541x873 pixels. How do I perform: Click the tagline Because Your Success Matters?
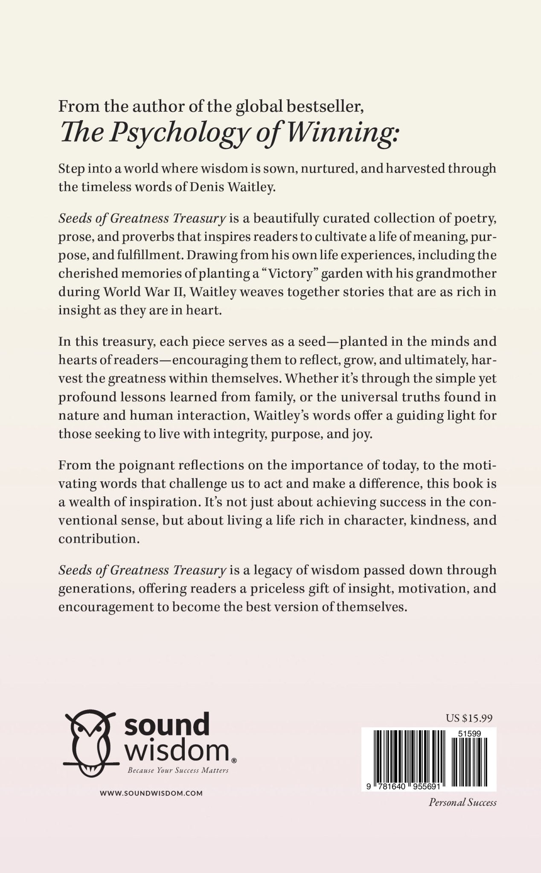178,770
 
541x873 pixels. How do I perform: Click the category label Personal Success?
462,803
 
